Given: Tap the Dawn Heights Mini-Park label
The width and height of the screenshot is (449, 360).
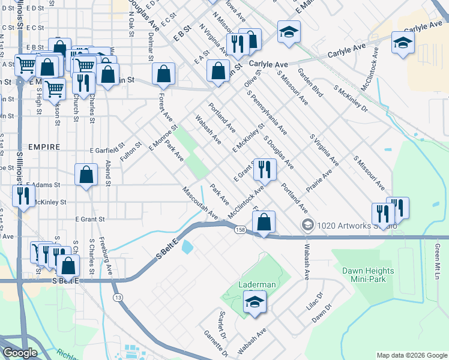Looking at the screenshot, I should tap(369, 275).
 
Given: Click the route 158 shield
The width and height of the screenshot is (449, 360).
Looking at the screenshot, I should tap(240, 230).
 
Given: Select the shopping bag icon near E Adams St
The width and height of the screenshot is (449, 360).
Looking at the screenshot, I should tap(86, 175).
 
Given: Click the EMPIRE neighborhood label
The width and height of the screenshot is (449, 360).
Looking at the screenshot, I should tap(43, 147).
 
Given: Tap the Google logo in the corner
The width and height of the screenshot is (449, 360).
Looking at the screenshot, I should tap(20, 353).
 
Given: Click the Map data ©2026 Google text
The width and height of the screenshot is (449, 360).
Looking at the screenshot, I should tap(411, 355).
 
